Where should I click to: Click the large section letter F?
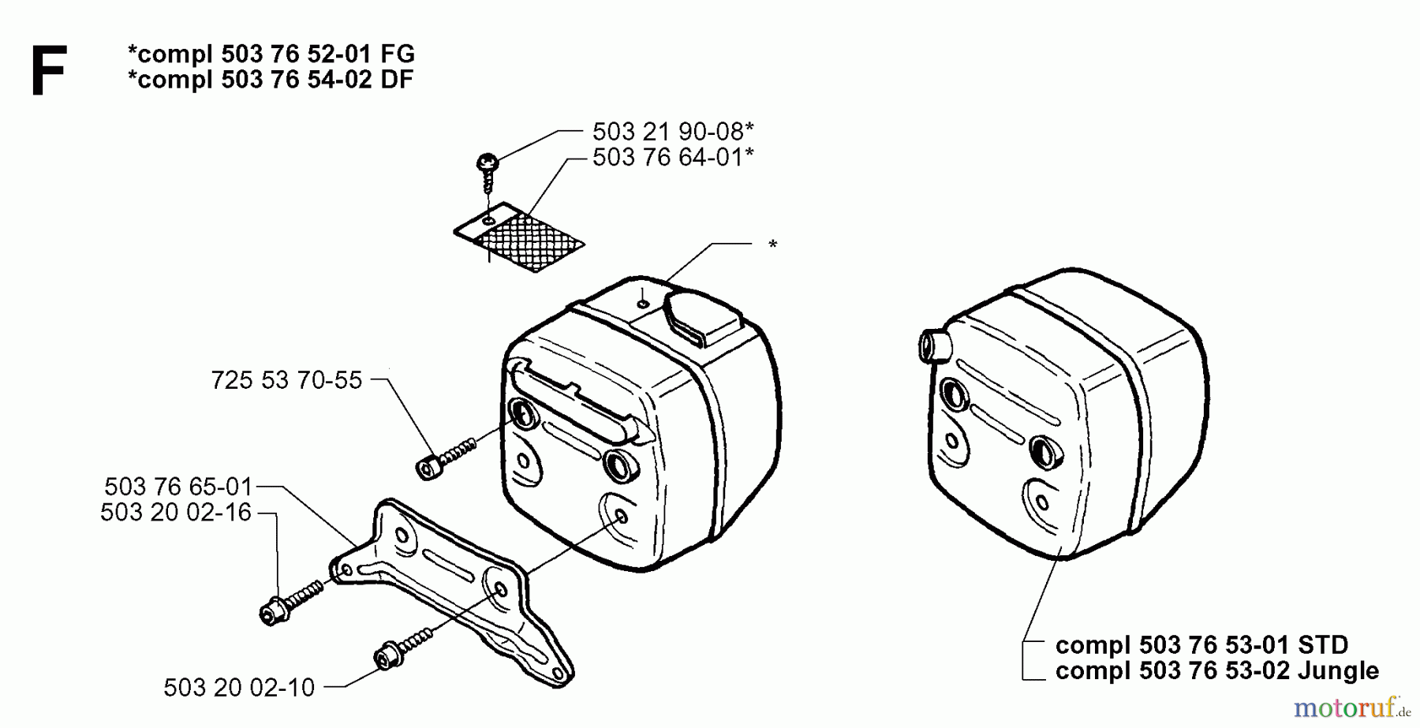(x=49, y=70)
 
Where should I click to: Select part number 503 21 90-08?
(x=672, y=131)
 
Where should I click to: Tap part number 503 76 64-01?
(x=672, y=157)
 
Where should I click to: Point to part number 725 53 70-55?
(x=286, y=380)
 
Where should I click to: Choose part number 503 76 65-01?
(x=178, y=486)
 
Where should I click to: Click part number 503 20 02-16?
(x=175, y=513)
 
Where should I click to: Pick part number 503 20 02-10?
(x=239, y=688)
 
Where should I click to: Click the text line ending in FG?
(x=271, y=54)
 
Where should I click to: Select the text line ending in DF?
(x=271, y=79)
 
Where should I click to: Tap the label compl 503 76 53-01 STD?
(x=1201, y=645)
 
